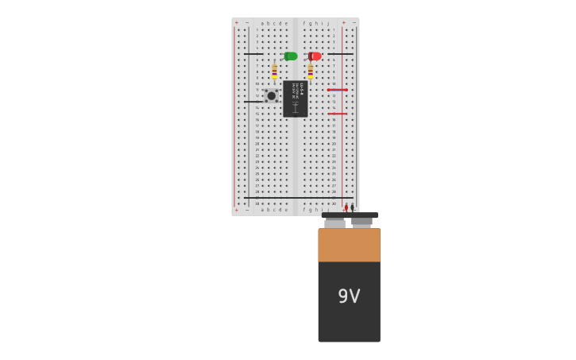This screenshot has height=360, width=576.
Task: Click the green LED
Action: tap(291, 56)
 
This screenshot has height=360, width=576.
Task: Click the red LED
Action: tap(315, 56)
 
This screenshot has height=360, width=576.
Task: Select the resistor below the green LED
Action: tap(274, 72)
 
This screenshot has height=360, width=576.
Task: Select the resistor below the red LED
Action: tap(310, 72)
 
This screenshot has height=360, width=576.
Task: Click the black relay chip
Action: tap(295, 99)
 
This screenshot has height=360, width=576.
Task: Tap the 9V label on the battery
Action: tap(349, 296)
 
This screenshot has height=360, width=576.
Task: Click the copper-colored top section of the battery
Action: tap(349, 245)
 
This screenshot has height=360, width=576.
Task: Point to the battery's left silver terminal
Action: tap(334, 223)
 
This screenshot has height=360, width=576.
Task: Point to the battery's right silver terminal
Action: tap(362, 223)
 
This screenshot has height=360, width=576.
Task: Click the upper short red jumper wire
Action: tap(337, 90)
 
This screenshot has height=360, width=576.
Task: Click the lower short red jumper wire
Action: tap(337, 114)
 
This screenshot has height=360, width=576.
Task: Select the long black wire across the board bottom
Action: tap(298, 198)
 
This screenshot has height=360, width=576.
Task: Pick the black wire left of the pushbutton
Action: tap(253, 102)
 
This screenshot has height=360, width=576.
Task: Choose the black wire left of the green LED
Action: tap(253, 54)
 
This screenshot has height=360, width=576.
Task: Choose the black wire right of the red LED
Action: tap(340, 54)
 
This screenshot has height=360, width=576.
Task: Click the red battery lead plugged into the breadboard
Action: tap(346, 207)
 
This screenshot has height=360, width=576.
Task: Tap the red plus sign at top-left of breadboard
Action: tap(236, 23)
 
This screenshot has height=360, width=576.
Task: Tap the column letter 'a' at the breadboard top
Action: tap(262, 23)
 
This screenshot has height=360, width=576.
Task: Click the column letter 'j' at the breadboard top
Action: tap(328, 23)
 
